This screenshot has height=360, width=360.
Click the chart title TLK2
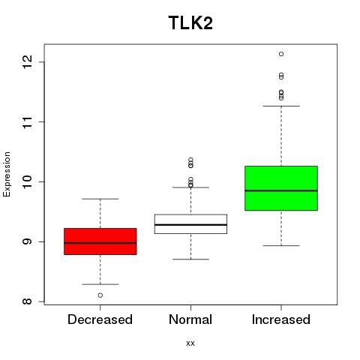click(x=190, y=22)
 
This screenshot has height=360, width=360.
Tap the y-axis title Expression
click(x=7, y=174)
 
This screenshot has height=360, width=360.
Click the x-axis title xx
click(x=190, y=343)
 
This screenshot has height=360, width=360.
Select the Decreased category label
click(x=100, y=319)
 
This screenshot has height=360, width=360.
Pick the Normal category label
click(x=190, y=319)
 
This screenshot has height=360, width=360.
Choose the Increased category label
click(x=281, y=319)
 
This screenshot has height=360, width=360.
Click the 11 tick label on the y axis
click(x=28, y=122)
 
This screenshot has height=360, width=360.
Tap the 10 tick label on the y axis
click(x=28, y=181)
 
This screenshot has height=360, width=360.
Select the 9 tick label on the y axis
click(x=28, y=241)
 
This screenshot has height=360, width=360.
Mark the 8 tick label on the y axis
click(x=28, y=301)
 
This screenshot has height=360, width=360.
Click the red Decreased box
click(x=100, y=241)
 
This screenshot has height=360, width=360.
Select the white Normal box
click(x=190, y=224)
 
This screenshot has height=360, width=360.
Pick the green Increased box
click(x=281, y=188)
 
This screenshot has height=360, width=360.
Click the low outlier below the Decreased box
click(x=100, y=295)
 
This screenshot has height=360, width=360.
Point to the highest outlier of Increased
click(x=281, y=54)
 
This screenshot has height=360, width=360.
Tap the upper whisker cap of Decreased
click(x=100, y=199)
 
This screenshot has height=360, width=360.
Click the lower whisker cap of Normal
click(x=190, y=259)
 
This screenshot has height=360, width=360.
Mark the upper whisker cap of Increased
click(x=281, y=106)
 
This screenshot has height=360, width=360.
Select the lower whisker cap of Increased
click(x=281, y=245)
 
